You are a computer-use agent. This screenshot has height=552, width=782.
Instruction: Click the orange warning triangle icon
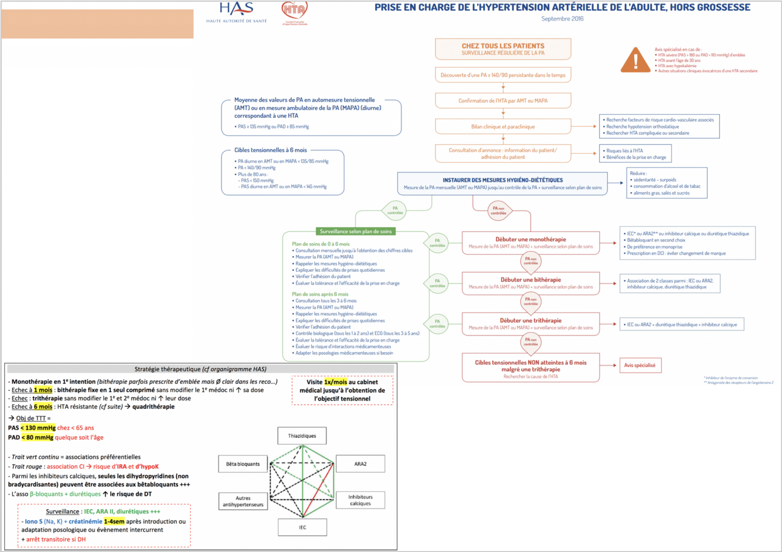635,60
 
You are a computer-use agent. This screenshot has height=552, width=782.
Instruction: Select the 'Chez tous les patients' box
503,49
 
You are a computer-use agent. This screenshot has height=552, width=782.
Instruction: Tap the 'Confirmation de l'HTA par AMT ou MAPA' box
503,101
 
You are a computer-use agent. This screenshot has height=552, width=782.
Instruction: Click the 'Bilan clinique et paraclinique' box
503,127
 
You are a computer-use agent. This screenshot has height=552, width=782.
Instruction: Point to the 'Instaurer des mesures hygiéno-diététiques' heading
502,180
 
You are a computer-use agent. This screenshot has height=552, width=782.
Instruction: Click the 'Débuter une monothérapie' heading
531,239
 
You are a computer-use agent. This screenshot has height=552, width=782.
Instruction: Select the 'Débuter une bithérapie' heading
531,280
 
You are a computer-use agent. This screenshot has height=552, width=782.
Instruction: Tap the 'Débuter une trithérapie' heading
531,321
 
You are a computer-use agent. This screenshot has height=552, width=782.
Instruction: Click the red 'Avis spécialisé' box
640,365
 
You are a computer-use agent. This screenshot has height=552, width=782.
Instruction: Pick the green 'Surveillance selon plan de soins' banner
355,231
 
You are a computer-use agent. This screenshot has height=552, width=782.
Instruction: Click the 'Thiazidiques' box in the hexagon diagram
302,435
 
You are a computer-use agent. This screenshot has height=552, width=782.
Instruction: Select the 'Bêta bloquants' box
243,464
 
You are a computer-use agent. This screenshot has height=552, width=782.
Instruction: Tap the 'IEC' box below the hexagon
302,527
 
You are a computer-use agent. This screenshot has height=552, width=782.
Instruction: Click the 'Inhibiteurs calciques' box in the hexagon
360,500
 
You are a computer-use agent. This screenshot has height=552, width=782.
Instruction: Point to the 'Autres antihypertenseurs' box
243,502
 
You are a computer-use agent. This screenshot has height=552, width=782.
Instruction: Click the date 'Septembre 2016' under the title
562,19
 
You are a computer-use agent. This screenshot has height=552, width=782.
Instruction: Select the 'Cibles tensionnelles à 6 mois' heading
270,150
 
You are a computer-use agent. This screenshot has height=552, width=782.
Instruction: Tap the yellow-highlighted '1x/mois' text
335,382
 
